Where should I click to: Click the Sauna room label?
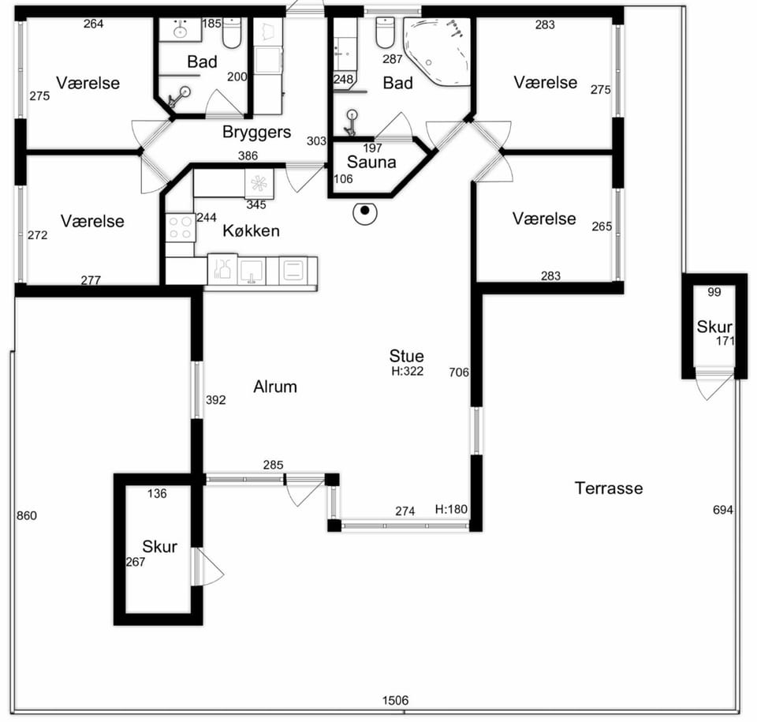pyautogui.click(x=371, y=162)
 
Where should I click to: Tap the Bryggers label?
pyautogui.click(x=256, y=133)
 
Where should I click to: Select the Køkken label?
pyautogui.click(x=251, y=230)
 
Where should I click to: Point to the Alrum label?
pyautogui.click(x=275, y=387)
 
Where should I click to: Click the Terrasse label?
pyautogui.click(x=609, y=488)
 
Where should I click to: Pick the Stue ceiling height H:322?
pyautogui.click(x=408, y=371)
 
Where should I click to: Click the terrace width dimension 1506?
pyautogui.click(x=395, y=700)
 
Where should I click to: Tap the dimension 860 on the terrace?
pyautogui.click(x=27, y=515)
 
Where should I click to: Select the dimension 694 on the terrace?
pyautogui.click(x=723, y=510)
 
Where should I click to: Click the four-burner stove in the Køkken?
pyautogui.click(x=181, y=227)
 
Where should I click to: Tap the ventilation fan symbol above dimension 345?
pyautogui.click(x=259, y=183)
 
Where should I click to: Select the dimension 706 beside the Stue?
pyautogui.click(x=459, y=372)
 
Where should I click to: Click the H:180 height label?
pyautogui.click(x=451, y=510)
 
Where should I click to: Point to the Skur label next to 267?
pyautogui.click(x=160, y=547)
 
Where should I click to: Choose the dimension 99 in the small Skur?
pyautogui.click(x=714, y=292)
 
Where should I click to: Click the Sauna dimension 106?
pyautogui.click(x=343, y=179)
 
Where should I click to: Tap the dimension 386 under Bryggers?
pyautogui.click(x=248, y=155)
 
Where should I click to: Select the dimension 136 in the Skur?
pyautogui.click(x=157, y=493)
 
